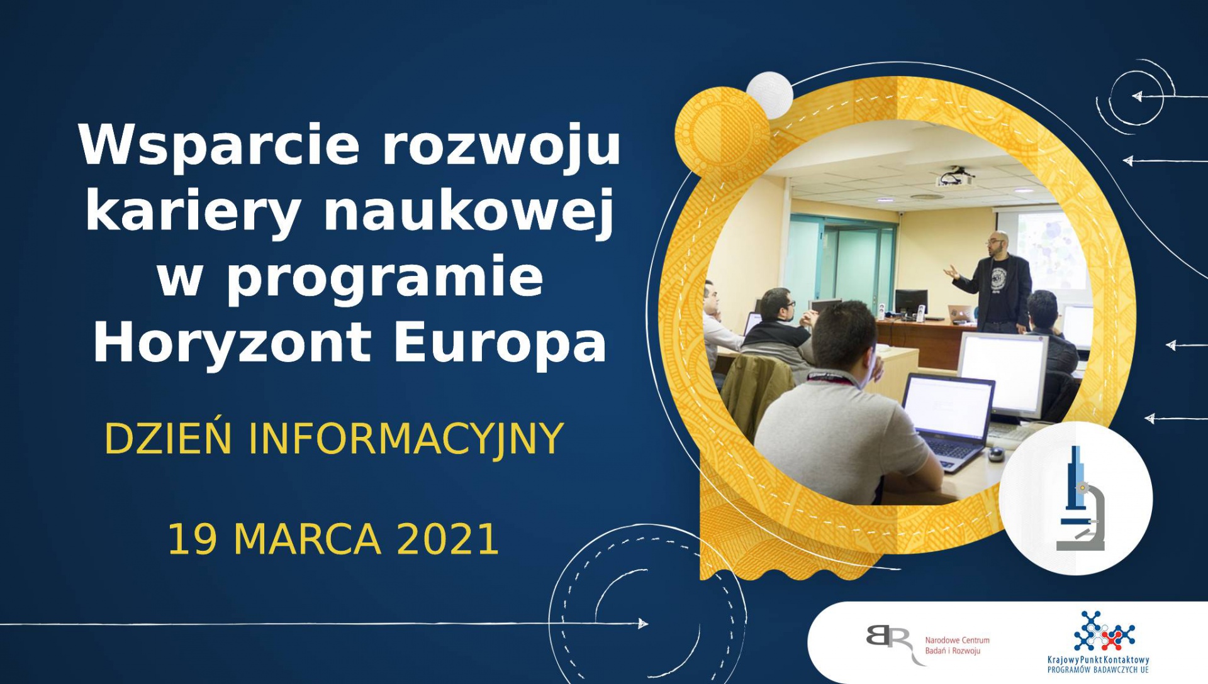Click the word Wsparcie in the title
pos(218,146)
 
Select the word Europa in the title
pos(500,345)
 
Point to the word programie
pos(386,280)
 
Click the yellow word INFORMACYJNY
pos(405,439)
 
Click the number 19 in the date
pos(193,539)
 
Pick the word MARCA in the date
pos(307,539)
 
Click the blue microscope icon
pos(1080,498)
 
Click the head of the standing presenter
pos(998,244)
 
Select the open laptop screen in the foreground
pos(948,407)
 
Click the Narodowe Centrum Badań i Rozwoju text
pos(957,646)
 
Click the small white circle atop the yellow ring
pos(769,95)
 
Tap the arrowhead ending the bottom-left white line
pos(643,624)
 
